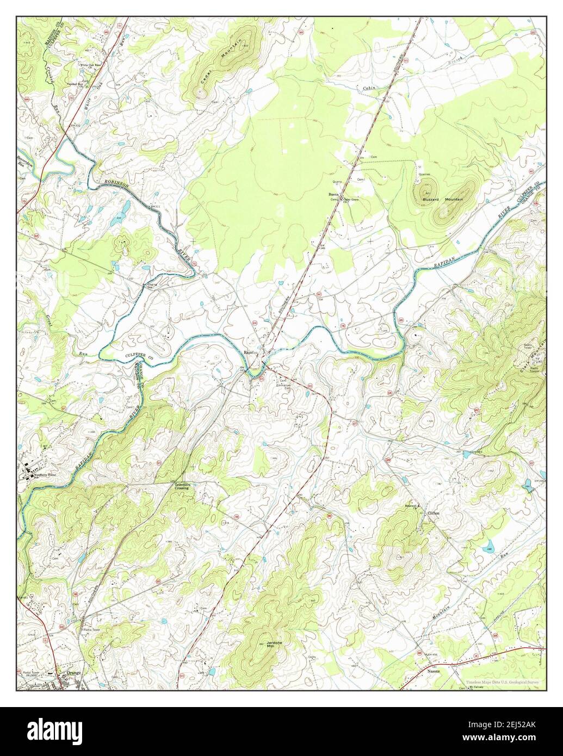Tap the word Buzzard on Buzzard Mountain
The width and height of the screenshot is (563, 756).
(431, 200)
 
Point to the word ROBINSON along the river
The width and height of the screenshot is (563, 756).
(117, 185)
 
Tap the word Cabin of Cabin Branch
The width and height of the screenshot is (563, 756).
(370, 88)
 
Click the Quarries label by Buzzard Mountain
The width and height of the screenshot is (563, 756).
(424, 175)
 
